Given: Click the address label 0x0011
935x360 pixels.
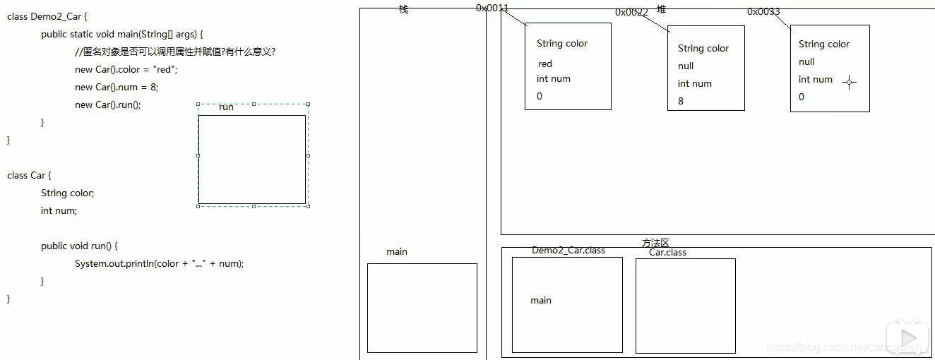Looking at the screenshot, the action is [492, 8].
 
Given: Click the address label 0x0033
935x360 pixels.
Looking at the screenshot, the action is [763, 11].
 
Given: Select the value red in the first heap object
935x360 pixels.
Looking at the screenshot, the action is [545, 64].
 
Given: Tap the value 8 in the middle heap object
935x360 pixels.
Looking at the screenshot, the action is [681, 101].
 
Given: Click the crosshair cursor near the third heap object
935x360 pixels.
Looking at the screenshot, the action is [850, 82].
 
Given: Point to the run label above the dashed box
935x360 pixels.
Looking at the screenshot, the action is [226, 107].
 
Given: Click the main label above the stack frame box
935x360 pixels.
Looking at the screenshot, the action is [397, 252].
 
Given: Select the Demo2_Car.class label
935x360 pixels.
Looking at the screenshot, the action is [568, 251].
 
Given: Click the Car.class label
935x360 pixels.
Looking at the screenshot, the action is [667, 253].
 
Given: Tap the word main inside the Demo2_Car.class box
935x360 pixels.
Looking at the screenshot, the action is [541, 301].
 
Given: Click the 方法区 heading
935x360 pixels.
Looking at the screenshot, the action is [655, 243].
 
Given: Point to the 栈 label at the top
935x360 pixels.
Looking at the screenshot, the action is [403, 9].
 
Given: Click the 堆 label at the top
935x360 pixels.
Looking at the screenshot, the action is [661, 8].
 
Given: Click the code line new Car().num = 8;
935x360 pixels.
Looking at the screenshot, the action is [117, 88].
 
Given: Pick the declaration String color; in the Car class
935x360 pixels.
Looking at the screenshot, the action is [67, 193].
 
